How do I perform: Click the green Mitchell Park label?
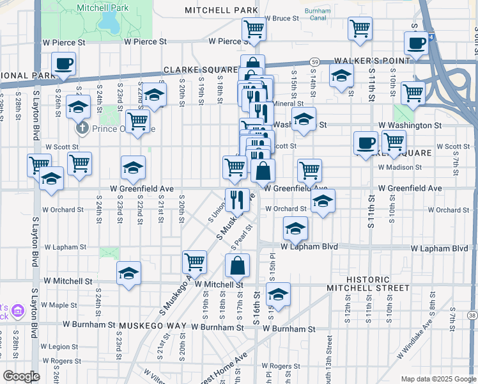click(x=102, y=8)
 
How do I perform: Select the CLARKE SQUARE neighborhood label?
click(x=192, y=69)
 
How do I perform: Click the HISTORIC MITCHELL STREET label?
click(x=367, y=284)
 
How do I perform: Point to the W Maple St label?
click(x=59, y=305)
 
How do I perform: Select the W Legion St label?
click(x=58, y=347)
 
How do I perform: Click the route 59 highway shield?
click(x=315, y=61)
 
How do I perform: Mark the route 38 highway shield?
click(x=472, y=315)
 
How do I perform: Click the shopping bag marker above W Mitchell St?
click(x=237, y=265)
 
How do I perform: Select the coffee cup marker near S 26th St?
click(x=63, y=65)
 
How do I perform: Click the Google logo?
click(x=21, y=376)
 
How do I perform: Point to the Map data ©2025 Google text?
click(x=438, y=379)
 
